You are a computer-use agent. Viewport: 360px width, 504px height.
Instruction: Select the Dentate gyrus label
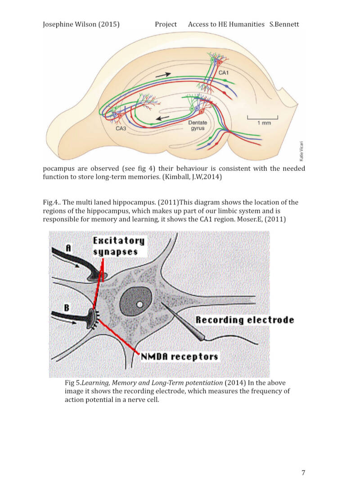click(198, 125)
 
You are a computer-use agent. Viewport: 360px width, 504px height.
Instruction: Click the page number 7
click(303, 473)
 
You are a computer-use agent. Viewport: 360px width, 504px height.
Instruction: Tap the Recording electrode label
click(244, 320)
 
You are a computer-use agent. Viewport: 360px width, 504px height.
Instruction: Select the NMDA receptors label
click(180, 357)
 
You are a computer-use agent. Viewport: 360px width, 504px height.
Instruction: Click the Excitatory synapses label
click(119, 245)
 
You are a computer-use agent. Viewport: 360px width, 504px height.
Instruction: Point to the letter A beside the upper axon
click(68, 247)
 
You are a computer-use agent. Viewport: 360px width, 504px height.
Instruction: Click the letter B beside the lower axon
click(67, 308)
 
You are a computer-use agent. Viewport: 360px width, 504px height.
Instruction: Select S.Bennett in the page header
click(284, 24)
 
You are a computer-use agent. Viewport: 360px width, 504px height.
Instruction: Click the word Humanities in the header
click(247, 24)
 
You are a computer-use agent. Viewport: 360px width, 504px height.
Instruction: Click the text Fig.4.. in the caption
click(51, 202)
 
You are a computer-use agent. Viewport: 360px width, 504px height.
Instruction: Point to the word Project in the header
click(166, 24)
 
